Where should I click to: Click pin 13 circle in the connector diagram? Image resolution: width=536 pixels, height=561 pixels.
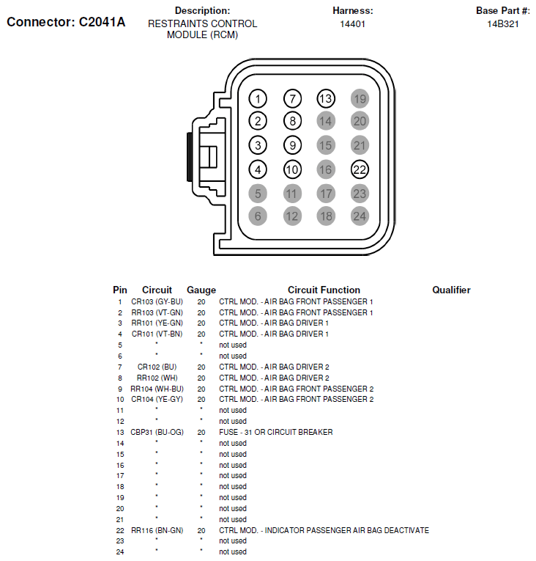(325, 98)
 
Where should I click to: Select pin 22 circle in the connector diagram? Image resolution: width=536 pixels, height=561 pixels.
(360, 169)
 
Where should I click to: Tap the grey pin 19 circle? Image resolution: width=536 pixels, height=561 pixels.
(360, 98)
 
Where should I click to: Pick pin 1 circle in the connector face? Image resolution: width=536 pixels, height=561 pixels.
(258, 98)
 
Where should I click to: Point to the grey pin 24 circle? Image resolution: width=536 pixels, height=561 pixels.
(360, 216)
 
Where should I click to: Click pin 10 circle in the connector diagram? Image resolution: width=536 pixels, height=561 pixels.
(292, 169)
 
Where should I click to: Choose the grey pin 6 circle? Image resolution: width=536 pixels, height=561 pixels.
(258, 216)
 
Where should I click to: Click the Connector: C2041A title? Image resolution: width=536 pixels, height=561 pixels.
(66, 22)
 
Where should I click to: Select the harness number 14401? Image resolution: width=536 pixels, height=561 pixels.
(352, 24)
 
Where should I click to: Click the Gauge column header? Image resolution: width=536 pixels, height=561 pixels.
(201, 290)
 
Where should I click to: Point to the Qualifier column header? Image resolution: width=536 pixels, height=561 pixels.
(451, 290)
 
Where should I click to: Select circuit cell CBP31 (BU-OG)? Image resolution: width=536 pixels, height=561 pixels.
(157, 433)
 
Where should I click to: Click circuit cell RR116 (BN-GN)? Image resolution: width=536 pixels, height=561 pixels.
(157, 530)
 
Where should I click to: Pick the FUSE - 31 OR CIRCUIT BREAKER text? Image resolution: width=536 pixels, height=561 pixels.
(276, 433)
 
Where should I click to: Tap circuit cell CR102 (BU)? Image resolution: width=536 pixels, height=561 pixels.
(157, 367)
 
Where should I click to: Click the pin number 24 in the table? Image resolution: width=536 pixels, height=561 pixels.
(119, 552)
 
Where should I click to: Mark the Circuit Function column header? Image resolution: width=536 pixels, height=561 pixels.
(324, 290)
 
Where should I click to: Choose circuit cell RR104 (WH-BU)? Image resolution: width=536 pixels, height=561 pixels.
(157, 389)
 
